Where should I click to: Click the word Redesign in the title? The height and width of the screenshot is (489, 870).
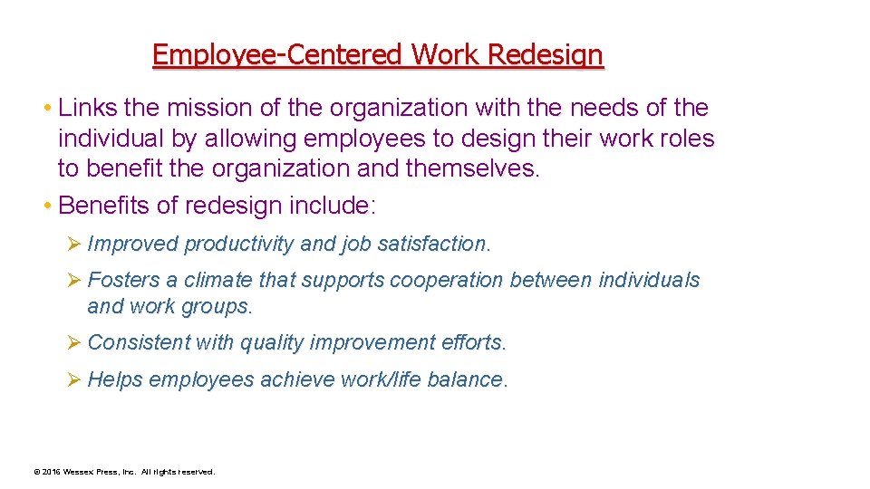pyautogui.click(x=545, y=55)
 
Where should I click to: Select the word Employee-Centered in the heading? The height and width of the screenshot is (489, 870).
pyautogui.click(x=278, y=55)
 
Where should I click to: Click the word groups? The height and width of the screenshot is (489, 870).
pyautogui.click(x=224, y=307)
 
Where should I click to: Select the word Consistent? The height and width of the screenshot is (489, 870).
pyautogui.click(x=140, y=343)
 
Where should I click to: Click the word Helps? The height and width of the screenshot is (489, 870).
pyautogui.click(x=115, y=380)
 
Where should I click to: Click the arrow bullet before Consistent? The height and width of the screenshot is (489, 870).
pyautogui.click(x=74, y=343)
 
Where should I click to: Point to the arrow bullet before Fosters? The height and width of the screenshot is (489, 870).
pyautogui.click(x=74, y=281)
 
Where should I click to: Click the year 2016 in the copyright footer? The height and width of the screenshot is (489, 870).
pyautogui.click(x=52, y=472)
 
